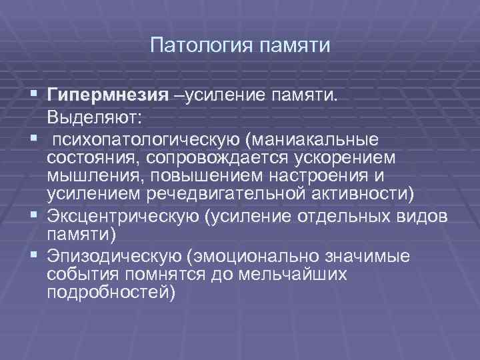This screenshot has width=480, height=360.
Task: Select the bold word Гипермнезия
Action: pos(107,96)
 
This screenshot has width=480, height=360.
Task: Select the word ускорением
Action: pos(357,159)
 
